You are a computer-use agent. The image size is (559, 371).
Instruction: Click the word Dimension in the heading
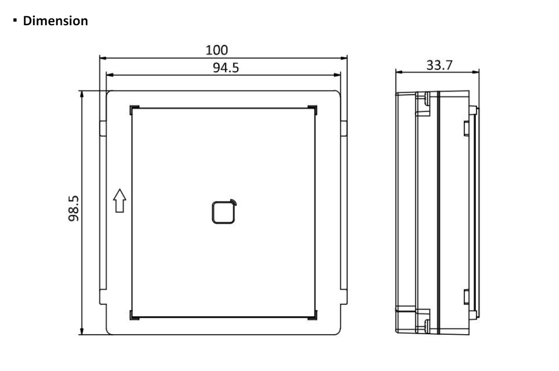pyautogui.click(x=55, y=21)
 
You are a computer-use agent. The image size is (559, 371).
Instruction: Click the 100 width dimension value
pyautogui.click(x=217, y=51)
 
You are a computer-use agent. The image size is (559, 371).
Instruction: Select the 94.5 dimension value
pyautogui.click(x=226, y=67)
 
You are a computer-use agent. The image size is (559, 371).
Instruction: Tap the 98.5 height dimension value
pyautogui.click(x=74, y=208)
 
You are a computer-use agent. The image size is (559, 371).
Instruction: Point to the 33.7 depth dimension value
pyautogui.click(x=439, y=65)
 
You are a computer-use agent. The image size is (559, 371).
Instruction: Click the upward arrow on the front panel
pyautogui.click(x=119, y=200)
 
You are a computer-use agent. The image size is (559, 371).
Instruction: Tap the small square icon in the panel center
pyautogui.click(x=224, y=212)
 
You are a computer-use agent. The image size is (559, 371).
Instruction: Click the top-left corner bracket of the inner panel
pyautogui.click(x=134, y=109)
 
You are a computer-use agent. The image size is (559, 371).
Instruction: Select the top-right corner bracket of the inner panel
pyautogui.click(x=313, y=109)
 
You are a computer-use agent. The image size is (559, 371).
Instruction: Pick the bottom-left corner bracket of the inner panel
pyautogui.click(x=134, y=315)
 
